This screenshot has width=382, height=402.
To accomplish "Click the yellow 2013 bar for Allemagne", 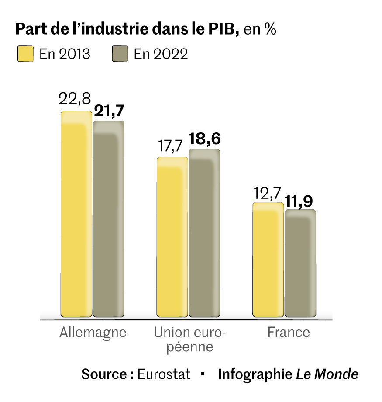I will pos(76,214).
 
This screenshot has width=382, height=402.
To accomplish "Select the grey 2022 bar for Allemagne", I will pos(109,218).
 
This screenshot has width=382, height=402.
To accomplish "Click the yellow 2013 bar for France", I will pos(268,260).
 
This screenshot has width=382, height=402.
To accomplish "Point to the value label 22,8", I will pos(75,99).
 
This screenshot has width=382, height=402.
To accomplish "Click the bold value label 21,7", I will pos(109,111).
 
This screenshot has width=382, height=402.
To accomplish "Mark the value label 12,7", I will pos(267,192).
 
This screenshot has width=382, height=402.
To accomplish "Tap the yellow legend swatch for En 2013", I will pos(25,54).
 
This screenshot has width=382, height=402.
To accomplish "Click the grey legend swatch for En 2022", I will pos(120,54).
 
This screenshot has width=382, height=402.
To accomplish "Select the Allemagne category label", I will pos(93,332).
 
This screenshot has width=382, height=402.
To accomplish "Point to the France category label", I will pos(289,332).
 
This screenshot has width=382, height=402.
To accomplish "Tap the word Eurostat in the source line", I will pos(164,374).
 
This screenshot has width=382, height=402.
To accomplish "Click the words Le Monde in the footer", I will pos(327,374).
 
